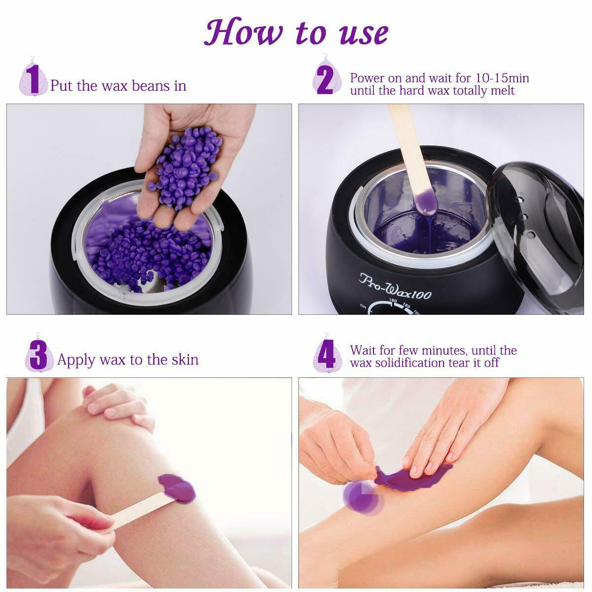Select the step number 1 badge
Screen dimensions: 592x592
point(33,78)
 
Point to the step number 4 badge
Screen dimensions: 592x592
point(327,354)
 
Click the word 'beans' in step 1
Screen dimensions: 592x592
point(150,85)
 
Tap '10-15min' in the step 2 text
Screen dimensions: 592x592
point(502,78)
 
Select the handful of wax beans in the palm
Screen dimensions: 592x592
point(186,167)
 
